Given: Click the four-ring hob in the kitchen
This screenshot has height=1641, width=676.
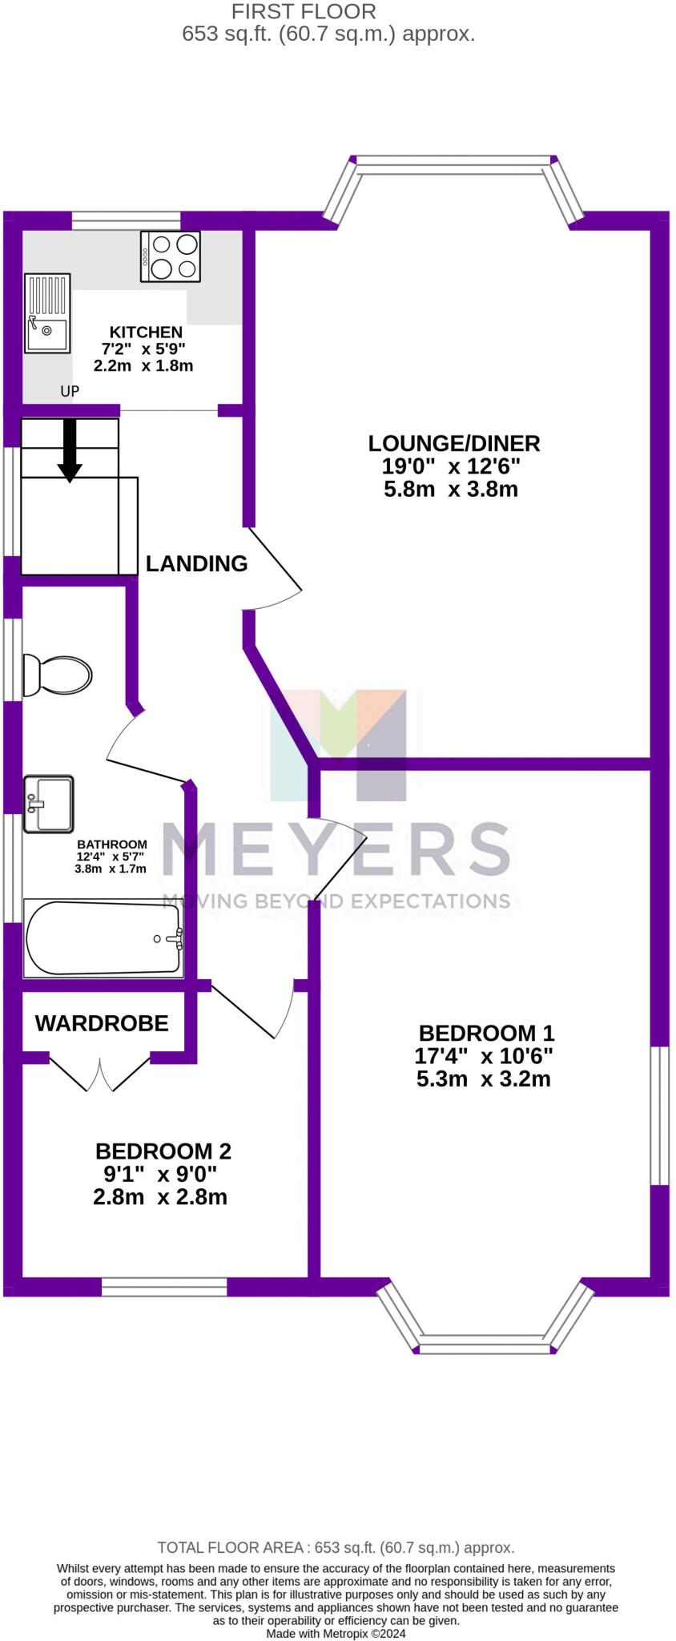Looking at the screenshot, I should point(171,256).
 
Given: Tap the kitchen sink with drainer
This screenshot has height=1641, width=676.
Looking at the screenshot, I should point(47,313).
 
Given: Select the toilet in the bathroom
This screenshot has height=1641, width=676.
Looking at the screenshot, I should point(57,675).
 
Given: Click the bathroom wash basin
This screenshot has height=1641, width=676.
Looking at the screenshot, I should point(48,803).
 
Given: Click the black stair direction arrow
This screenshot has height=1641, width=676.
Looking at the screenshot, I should point(70,451).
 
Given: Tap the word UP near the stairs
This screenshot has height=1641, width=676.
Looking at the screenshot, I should point(70,392).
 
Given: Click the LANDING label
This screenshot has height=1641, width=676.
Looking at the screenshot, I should point(196,563).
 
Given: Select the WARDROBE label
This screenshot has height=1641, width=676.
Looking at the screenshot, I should point(102,1023).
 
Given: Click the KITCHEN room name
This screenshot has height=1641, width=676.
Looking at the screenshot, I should point(146,332).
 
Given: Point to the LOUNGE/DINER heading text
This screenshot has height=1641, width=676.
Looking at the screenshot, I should point(454,443).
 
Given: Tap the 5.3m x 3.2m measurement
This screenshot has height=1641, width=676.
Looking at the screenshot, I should point(483,1079).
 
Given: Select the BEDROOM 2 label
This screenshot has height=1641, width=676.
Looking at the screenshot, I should point(163,1151).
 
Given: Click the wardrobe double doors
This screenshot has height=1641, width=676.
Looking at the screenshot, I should point(100,1074).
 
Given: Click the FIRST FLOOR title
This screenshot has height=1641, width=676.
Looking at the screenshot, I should point(304,12).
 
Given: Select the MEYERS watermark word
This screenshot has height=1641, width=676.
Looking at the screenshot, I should point(336,849).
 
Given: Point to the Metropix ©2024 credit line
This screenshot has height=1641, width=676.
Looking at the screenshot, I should point(336,1633).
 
